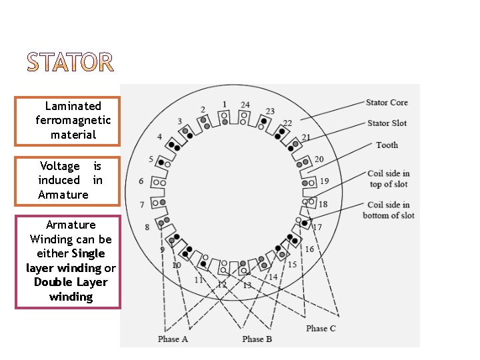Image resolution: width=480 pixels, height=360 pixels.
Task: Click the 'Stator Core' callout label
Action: pos(387,103)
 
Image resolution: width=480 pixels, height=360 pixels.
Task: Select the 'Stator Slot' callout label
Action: pos(387,123)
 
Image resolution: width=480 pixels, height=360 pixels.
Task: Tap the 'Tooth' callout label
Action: pos(387,145)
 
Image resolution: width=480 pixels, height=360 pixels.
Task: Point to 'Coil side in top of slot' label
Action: pos(388,179)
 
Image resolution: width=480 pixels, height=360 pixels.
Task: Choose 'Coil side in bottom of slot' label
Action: pos(388,210)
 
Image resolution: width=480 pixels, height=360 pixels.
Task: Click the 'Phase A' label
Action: pos(173,339)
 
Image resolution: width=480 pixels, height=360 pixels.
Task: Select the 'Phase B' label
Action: pos(257,339)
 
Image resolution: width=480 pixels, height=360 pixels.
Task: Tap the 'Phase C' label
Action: pos(321,329)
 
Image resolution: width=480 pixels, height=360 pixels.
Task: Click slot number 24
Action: pos(245,105)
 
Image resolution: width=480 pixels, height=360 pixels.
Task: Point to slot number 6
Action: pos(141,181)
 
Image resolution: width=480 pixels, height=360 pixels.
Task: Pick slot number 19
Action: pos(324,181)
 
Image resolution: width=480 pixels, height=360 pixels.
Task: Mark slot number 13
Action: pos(247,285)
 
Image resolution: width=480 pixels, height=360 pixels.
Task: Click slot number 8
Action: pos(147,227)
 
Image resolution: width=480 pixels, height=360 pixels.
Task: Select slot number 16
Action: pos(309,249)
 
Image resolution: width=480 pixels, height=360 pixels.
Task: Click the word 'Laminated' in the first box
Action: pos(73,106)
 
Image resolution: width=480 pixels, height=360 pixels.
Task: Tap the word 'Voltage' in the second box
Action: pos(59,166)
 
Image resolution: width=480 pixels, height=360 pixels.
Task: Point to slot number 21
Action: pos(306,138)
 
